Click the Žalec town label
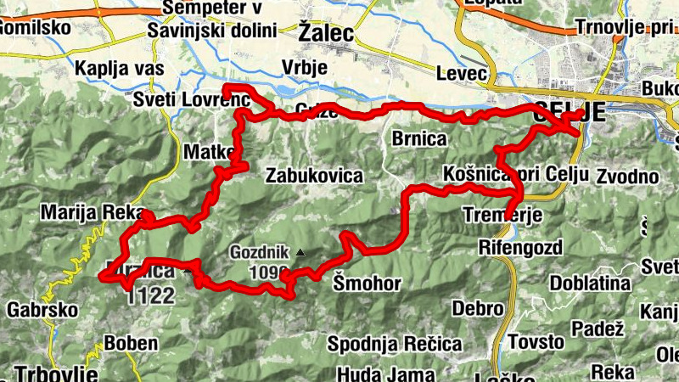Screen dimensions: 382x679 (326, 31)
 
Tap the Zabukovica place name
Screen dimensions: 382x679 (314, 177)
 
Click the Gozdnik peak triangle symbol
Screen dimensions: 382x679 (300, 252)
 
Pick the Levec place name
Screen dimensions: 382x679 (462, 74)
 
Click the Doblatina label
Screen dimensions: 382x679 (592, 283)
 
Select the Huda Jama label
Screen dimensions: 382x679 (374, 374)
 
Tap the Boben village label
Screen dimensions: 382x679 (131, 344)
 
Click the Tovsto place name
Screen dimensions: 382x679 (536, 342)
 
